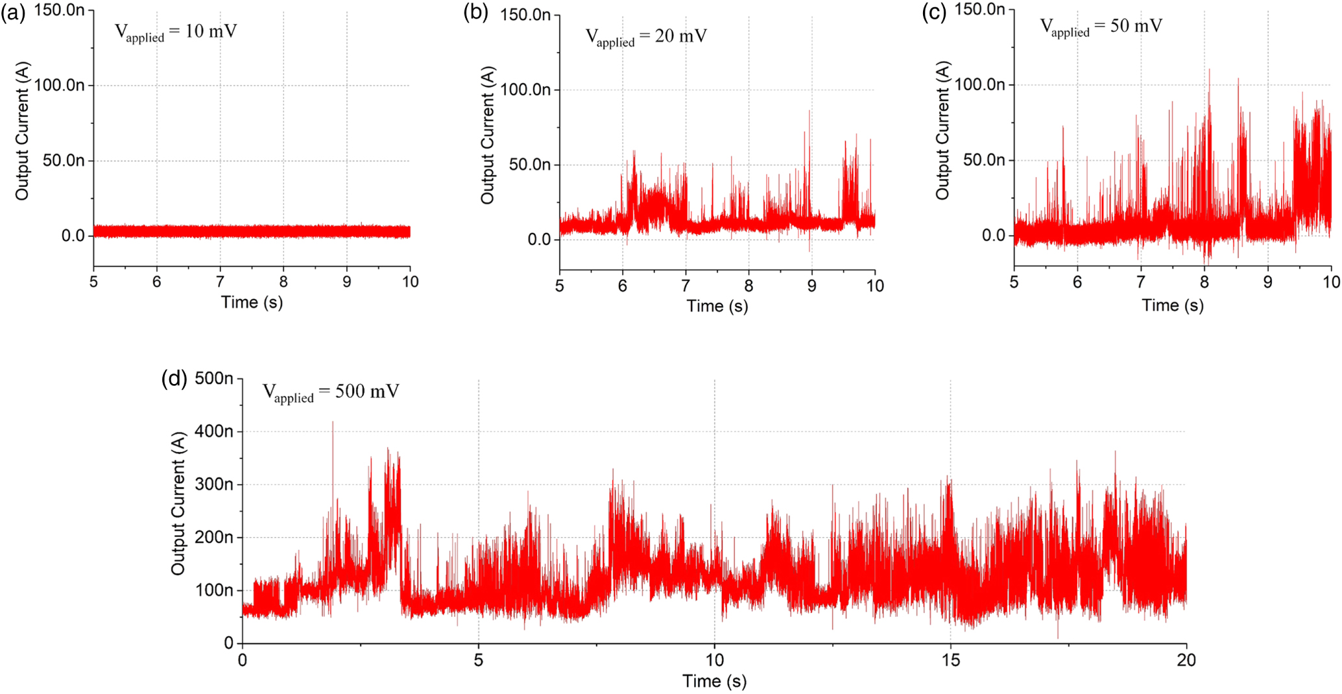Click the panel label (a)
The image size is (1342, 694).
pyautogui.click(x=12, y=12)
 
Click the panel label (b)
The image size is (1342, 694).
pyautogui.click(x=475, y=12)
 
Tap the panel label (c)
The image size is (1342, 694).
pyautogui.click(x=934, y=12)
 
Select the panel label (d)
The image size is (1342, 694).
pyautogui.click(x=174, y=379)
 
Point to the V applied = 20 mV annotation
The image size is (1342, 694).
pyautogui.click(x=646, y=37)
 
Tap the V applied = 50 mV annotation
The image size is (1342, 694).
pyautogui.click(x=1101, y=27)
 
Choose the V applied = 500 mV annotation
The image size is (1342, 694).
pyautogui.click(x=330, y=392)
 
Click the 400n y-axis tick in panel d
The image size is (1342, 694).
pyautogui.click(x=214, y=431)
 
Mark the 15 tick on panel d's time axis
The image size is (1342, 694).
pyautogui.click(x=950, y=660)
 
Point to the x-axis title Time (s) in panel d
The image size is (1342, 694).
pyautogui.click(x=714, y=682)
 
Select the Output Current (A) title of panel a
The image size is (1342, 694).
pyautogui.click(x=22, y=130)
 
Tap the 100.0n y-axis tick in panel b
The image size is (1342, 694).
pyautogui.click(x=525, y=90)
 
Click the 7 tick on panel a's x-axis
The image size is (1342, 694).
pyautogui.click(x=220, y=282)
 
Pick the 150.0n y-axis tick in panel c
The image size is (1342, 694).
pyautogui.click(x=979, y=10)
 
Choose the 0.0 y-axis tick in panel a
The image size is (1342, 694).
pyautogui.click(x=73, y=236)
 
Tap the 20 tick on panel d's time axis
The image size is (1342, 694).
pyautogui.click(x=1186, y=660)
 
